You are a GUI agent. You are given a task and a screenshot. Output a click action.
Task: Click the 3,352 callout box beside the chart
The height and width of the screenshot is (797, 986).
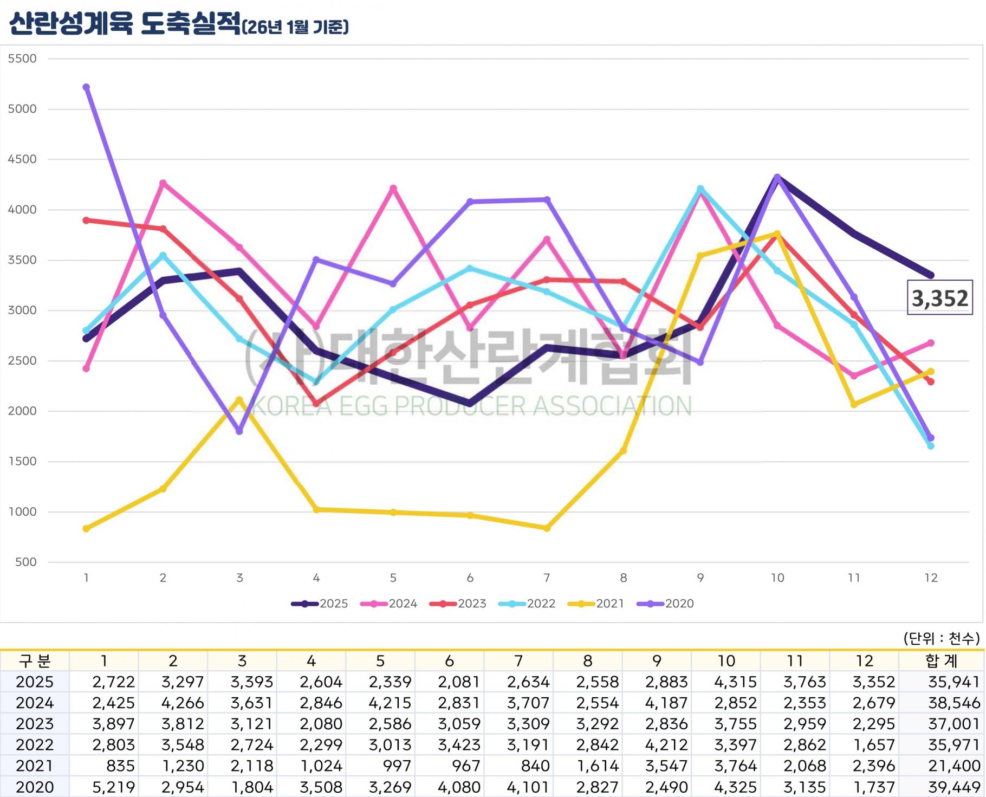pyautogui.click(x=939, y=298)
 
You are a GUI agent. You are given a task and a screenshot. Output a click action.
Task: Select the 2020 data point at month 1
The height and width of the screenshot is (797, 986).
pyautogui.click(x=86, y=87)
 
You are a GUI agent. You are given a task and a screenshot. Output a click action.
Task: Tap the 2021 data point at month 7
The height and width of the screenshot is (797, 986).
pyautogui.click(x=547, y=528)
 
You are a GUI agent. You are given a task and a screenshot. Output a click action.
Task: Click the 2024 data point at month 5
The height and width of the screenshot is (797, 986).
pyautogui.click(x=393, y=189)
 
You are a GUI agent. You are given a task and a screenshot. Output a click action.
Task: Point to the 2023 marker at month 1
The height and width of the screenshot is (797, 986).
pyautogui.click(x=86, y=221)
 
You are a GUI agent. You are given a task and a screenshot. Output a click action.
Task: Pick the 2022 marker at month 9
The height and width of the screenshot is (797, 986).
pyautogui.click(x=700, y=189)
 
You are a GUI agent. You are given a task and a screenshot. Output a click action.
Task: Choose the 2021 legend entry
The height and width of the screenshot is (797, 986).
pyautogui.click(x=596, y=604)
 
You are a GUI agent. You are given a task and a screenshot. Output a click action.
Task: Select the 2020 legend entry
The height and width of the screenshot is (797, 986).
pyautogui.click(x=665, y=604)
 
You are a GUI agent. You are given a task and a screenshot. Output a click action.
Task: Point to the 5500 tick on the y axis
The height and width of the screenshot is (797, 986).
pyautogui.click(x=22, y=59)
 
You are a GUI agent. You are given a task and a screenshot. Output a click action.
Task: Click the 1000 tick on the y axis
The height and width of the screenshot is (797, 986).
pyautogui.click(x=22, y=512)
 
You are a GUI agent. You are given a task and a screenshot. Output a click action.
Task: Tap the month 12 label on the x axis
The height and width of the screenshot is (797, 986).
pyautogui.click(x=931, y=578)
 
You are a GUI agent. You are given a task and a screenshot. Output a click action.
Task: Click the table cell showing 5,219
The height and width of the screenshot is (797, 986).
pyautogui.click(x=113, y=787)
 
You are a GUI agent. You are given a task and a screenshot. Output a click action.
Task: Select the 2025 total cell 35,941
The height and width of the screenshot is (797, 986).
pyautogui.click(x=954, y=682)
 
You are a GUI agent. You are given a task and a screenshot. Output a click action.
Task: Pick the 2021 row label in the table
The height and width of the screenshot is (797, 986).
pyautogui.click(x=35, y=766)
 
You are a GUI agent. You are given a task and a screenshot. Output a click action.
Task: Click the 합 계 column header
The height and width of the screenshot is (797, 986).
pyautogui.click(x=942, y=661)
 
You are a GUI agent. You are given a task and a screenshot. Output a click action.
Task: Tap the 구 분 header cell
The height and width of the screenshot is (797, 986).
pyautogui.click(x=35, y=661)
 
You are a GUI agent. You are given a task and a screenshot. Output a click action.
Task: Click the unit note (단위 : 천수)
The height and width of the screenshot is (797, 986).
pyautogui.click(x=942, y=639)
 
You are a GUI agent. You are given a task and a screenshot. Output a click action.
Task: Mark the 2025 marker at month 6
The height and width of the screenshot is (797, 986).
pyautogui.click(x=470, y=404)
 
